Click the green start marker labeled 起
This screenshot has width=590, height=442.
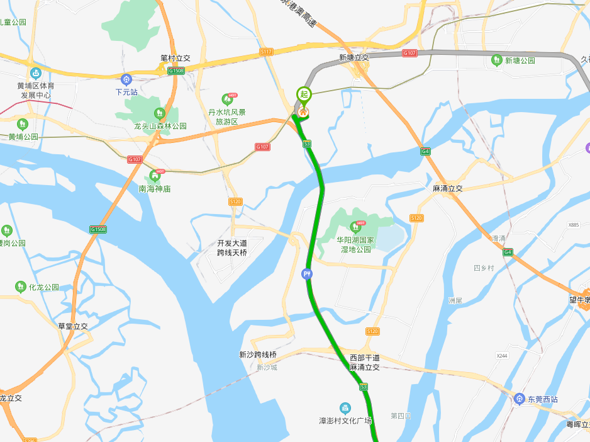pyautogui.click(x=304, y=95)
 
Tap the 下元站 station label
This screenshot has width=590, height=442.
pyautogui.click(x=126, y=91)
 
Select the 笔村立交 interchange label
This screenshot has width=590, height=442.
pyautogui.click(x=175, y=58)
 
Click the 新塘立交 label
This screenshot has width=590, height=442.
pyautogui.click(x=353, y=57)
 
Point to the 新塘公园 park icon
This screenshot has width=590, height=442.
pyautogui.click(x=496, y=60)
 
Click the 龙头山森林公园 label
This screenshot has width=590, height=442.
pyautogui.click(x=160, y=126)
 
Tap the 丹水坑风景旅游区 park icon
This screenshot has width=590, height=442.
pyautogui.click(x=227, y=99)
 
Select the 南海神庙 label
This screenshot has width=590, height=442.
pyautogui.click(x=155, y=188)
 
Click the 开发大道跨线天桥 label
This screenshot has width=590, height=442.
pyautogui.click(x=232, y=247)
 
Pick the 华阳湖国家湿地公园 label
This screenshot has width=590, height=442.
pyautogui.click(x=355, y=244)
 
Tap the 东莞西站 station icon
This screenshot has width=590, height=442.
pyautogui.click(x=520, y=399)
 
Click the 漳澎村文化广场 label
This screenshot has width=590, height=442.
pyautogui.click(x=345, y=421)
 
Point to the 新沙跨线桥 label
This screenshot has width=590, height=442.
pyautogui.click(x=258, y=354)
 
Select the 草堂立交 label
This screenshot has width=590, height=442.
pyautogui.click(x=73, y=326)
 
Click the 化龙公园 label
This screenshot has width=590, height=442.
pyautogui.click(x=43, y=287)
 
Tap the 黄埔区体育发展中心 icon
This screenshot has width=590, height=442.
pyautogui.click(x=35, y=74)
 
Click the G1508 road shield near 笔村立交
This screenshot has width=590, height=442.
pyautogui.click(x=176, y=71)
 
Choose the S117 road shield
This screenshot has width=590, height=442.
pyautogui.click(x=266, y=52)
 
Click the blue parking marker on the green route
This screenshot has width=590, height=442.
pyautogui.click(x=306, y=273)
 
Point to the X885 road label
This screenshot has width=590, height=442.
pyautogui.click(x=573, y=225)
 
